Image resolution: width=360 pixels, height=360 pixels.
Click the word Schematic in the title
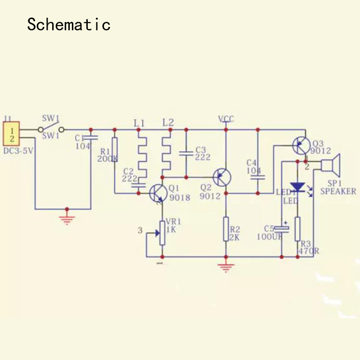68,24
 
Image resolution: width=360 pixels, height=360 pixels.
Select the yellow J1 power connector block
12,134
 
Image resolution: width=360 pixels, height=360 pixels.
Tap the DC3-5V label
18,151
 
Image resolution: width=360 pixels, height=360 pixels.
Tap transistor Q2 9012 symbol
222,176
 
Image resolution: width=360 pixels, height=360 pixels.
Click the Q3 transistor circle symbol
300,145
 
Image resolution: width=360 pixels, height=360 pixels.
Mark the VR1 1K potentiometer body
162,233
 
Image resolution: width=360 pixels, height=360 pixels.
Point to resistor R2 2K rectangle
226,229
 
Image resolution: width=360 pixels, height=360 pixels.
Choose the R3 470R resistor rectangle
297,229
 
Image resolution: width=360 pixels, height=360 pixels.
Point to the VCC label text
226,119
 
